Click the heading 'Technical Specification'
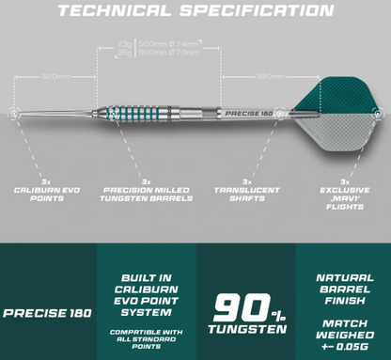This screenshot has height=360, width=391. (195, 12)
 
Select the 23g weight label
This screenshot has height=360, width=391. (123, 43)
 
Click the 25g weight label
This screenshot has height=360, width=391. (123, 53)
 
